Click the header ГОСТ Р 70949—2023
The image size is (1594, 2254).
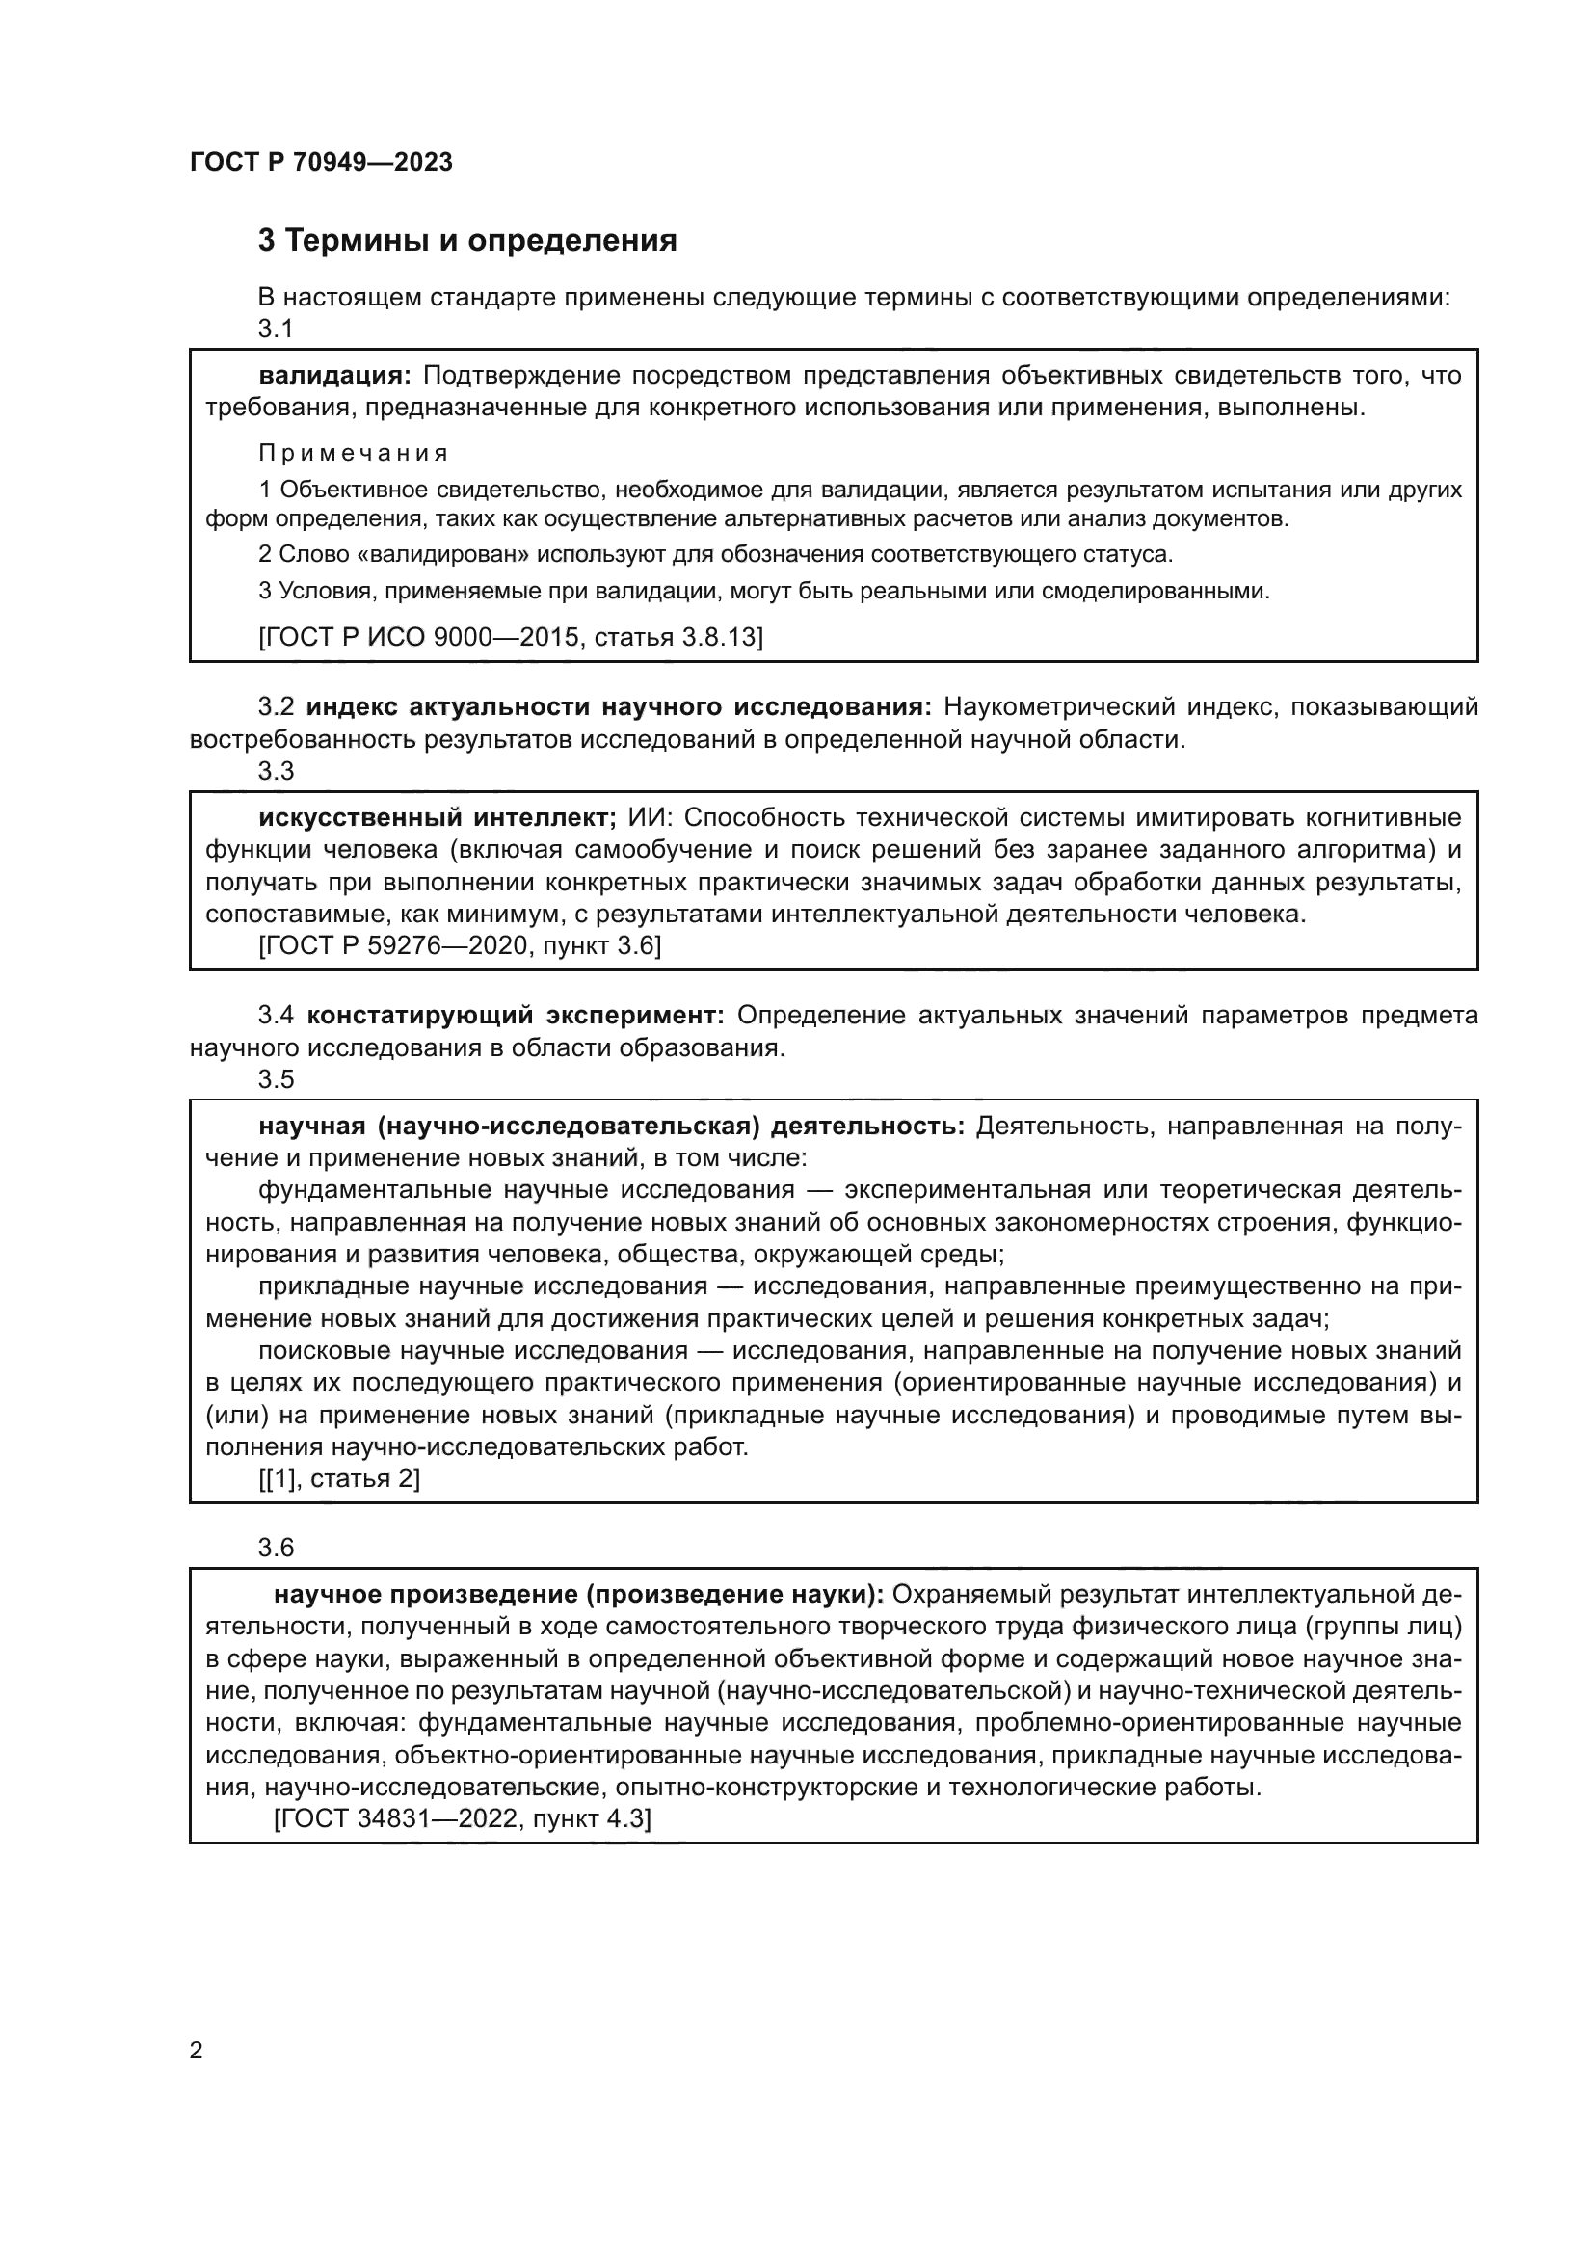(321, 162)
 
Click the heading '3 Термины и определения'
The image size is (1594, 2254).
(467, 241)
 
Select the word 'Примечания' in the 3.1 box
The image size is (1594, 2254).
(354, 453)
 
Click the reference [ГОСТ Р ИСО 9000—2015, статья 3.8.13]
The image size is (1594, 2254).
(511, 637)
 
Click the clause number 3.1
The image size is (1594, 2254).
(276, 329)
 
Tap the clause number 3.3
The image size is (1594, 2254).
(276, 772)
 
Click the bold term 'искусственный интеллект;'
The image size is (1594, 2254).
(437, 818)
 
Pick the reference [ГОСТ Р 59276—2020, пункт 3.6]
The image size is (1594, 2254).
(460, 946)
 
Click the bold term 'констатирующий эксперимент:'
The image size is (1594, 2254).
(516, 1015)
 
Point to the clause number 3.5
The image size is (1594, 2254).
(276, 1079)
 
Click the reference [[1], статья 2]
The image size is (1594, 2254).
(338, 1478)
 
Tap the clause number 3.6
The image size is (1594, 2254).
(276, 1549)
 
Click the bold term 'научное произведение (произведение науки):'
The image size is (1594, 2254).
(579, 1594)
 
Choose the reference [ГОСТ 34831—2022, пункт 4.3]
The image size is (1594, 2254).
(463, 1819)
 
